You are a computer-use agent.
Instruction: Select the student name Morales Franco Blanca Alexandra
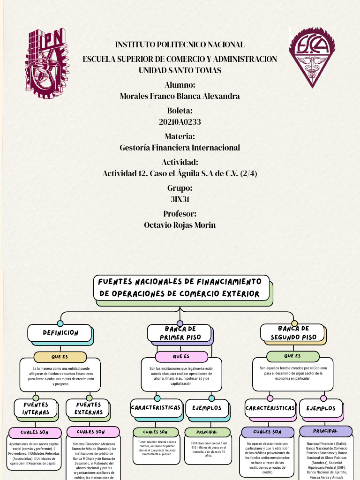pos(180,96)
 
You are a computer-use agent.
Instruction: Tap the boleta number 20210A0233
pos(180,122)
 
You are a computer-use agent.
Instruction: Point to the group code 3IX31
pos(180,199)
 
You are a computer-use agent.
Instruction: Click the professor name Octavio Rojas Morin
pos(180,225)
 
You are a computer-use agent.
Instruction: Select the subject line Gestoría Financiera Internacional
pos(180,148)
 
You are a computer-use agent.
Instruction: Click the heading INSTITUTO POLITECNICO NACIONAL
pos(180,45)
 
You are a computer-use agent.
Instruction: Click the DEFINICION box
pos(60,333)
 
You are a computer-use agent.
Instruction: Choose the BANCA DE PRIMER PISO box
pos(180,333)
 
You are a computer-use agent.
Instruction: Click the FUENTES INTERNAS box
pos(36,409)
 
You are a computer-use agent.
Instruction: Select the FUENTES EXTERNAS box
pos(88,409)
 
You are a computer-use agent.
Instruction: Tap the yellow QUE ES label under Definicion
pos(60,357)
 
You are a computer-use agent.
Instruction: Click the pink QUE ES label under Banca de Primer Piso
pos(181,357)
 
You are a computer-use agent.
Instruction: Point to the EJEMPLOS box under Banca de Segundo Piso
pos(321,408)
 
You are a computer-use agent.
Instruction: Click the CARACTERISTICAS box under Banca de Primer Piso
pos(156,408)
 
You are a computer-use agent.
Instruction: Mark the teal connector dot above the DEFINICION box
pos(60,323)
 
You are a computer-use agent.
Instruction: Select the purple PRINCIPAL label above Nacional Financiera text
pos(325,431)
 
